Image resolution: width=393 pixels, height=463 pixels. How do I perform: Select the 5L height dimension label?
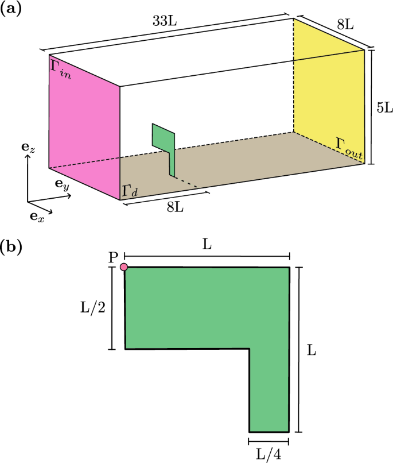click(383, 107)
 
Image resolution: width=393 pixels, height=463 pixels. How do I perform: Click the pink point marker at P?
click(123, 267)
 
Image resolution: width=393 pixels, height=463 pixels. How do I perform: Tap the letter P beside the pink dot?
click(113, 258)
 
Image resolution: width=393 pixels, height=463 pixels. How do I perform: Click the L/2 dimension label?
click(92, 308)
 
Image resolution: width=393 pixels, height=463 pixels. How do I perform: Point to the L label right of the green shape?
click(312, 350)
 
